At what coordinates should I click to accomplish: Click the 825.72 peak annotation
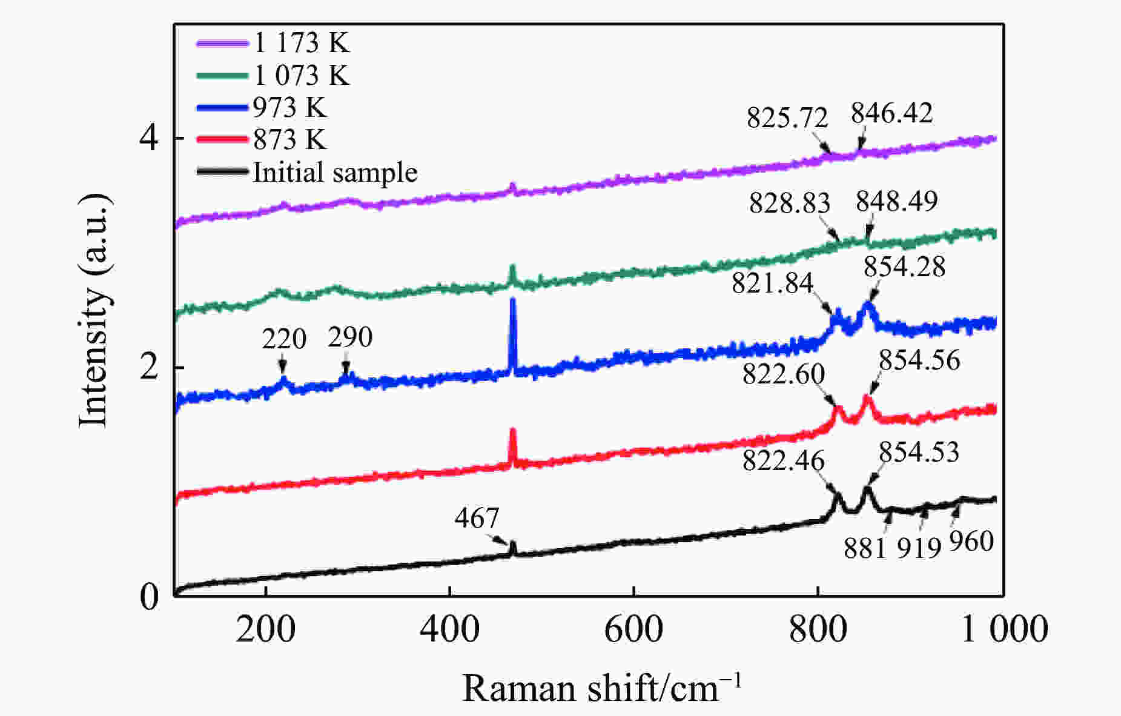click(787, 118)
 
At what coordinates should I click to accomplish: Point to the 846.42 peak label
click(891, 113)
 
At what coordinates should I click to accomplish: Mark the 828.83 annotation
click(789, 203)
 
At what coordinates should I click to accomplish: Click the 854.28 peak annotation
click(904, 267)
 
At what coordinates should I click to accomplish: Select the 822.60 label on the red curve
click(784, 374)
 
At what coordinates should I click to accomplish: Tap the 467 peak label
click(477, 519)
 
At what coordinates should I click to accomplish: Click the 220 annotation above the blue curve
click(284, 339)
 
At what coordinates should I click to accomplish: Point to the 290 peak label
click(350, 337)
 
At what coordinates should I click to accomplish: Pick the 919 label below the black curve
click(919, 548)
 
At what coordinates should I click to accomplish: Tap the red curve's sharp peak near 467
click(513, 431)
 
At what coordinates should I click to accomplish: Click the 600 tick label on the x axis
click(633, 629)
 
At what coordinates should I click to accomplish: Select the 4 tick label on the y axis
click(149, 139)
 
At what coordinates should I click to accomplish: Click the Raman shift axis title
click(601, 689)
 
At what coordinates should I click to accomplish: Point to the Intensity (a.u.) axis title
click(94, 310)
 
